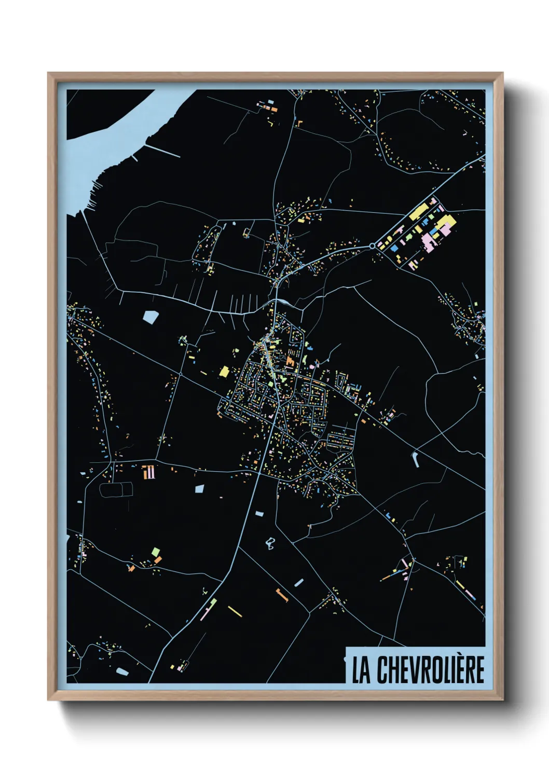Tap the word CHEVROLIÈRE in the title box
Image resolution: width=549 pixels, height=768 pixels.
pyautogui.click(x=430, y=670)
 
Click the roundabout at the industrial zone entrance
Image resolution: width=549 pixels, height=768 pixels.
pyautogui.click(x=372, y=245)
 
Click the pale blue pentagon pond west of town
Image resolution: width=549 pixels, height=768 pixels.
pyautogui.click(x=150, y=317)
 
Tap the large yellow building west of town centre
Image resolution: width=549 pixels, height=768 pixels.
pyautogui.click(x=224, y=372)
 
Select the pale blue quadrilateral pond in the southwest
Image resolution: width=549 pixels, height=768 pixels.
pyautogui.click(x=199, y=488)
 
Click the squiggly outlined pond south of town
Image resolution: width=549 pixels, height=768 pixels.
pyautogui.click(x=269, y=544)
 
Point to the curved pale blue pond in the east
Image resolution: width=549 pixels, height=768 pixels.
pyautogui.click(x=416, y=459)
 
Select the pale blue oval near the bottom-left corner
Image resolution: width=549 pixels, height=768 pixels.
pyautogui.click(x=122, y=671)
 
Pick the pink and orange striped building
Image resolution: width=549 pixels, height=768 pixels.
pyautogui.click(x=149, y=472)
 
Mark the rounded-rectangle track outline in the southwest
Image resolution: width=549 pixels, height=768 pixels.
pyautogui.click(x=116, y=489)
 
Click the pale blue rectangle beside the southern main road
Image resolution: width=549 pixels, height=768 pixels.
pyautogui.click(x=259, y=514)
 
